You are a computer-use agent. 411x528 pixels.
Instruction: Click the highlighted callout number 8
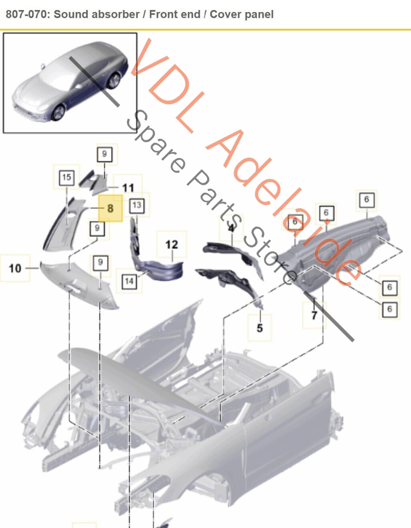(110, 208)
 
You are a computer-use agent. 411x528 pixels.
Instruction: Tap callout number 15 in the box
(67, 177)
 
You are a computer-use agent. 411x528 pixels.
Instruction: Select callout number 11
(128, 188)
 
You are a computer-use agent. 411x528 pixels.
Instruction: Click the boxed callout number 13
(137, 205)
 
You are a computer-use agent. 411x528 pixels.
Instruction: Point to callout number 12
(171, 245)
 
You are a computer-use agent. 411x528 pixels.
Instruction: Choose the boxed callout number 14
(129, 281)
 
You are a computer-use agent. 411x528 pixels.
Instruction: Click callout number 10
(15, 268)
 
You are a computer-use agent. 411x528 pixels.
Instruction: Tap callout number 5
(260, 328)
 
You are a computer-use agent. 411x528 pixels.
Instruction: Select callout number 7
(314, 315)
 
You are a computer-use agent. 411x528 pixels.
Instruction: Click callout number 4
(231, 228)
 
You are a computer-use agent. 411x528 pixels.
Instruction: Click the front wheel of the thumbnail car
(58, 113)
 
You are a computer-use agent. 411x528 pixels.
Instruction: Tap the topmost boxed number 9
(104, 154)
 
